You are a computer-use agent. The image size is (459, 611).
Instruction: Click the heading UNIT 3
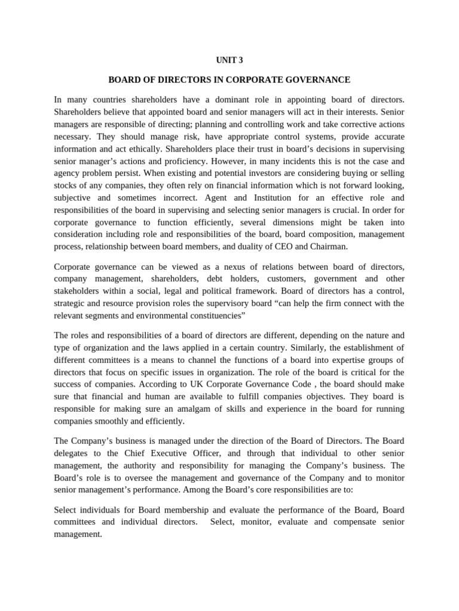click(x=229, y=60)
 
